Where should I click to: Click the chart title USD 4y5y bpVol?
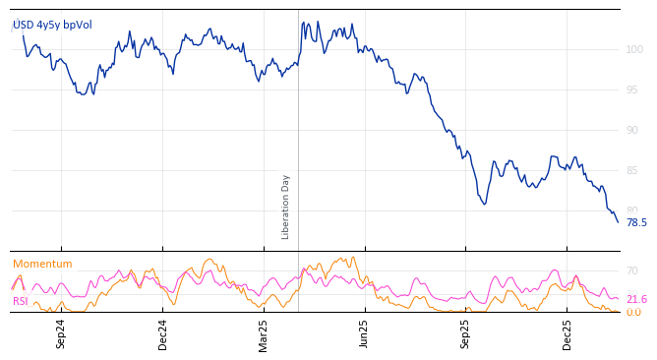click(52, 25)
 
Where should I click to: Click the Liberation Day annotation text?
click(286, 207)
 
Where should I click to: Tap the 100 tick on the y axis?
click(634, 49)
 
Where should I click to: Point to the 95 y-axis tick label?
click(631, 90)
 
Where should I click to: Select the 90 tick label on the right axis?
click(631, 130)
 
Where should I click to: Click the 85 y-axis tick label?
click(631, 170)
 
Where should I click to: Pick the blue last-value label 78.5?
click(636, 223)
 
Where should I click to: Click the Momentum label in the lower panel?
click(42, 264)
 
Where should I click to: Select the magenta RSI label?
click(21, 301)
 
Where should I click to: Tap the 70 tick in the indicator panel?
click(632, 270)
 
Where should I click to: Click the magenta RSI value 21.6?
click(636, 299)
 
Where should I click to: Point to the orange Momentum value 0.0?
click(633, 313)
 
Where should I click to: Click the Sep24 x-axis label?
click(61, 333)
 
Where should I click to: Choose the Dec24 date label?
click(163, 333)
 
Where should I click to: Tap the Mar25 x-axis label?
click(264, 333)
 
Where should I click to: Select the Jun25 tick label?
click(364, 333)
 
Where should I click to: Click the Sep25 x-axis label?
click(466, 333)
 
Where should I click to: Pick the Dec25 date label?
click(567, 333)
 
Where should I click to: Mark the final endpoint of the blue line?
click(619, 222)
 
